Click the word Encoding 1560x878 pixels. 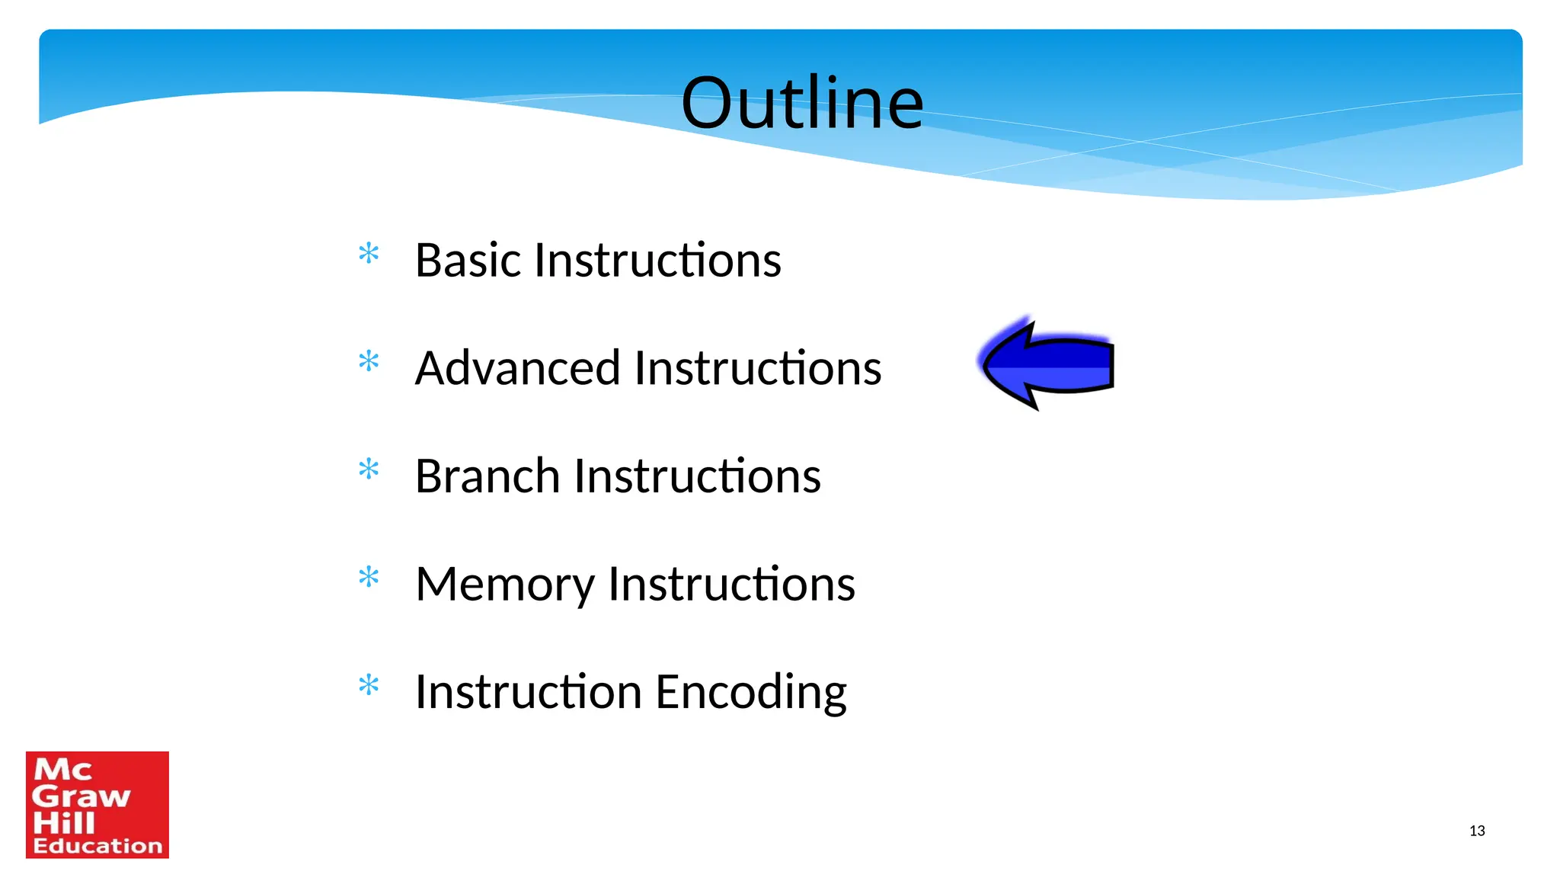pyautogui.click(x=750, y=692)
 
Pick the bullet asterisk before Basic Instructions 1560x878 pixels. pyautogui.click(x=369, y=253)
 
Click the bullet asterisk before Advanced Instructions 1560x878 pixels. pyautogui.click(x=369, y=361)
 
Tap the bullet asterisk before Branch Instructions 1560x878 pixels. pyautogui.click(x=369, y=469)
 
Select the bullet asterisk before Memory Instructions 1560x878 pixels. pyautogui.click(x=369, y=578)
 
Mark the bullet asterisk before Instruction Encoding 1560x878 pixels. pyautogui.click(x=369, y=686)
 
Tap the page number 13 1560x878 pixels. pyautogui.click(x=1477, y=831)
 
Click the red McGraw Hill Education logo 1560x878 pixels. pyautogui.click(x=97, y=805)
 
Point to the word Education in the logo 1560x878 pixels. pyautogui.click(x=97, y=846)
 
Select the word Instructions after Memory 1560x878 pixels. pyautogui.click(x=731, y=584)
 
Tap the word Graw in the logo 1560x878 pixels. pyautogui.click(x=81, y=796)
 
